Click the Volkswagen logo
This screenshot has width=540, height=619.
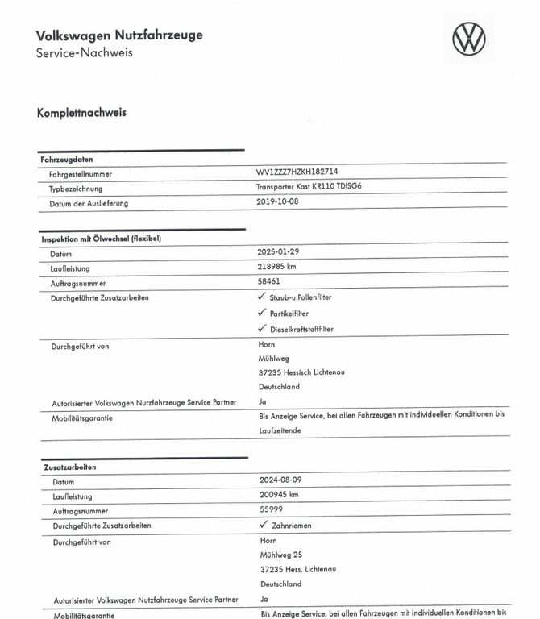(469, 39)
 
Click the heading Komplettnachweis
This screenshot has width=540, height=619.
(81, 113)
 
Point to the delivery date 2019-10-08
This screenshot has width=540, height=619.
(277, 202)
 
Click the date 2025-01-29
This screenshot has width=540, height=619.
(278, 253)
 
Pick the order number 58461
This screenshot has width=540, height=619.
(268, 283)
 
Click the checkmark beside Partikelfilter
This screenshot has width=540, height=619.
(261, 313)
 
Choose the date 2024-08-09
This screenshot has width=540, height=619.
(280, 480)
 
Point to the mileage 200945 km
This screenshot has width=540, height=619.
(280, 495)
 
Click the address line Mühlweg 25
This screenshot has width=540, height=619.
(281, 555)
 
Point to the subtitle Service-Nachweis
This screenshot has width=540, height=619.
(85, 53)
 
